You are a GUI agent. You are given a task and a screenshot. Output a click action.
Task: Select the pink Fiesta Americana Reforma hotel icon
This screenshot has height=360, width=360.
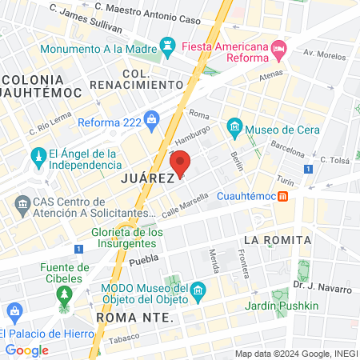[278, 48]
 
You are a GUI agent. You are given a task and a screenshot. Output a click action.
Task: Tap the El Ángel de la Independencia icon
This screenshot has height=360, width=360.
[37, 154]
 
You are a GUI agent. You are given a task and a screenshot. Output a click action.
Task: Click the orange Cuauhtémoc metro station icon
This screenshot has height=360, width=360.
[284, 196]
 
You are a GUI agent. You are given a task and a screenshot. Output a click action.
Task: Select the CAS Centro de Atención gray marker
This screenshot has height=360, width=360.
[22, 206]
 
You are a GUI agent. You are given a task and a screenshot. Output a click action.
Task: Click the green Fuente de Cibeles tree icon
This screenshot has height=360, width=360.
[63, 295]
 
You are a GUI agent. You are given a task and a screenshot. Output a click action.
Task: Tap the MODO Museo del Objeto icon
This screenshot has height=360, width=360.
[198, 290]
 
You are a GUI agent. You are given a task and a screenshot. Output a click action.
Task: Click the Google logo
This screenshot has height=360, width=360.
[27, 350]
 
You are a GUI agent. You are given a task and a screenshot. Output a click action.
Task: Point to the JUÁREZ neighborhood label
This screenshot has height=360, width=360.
[148, 178]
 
